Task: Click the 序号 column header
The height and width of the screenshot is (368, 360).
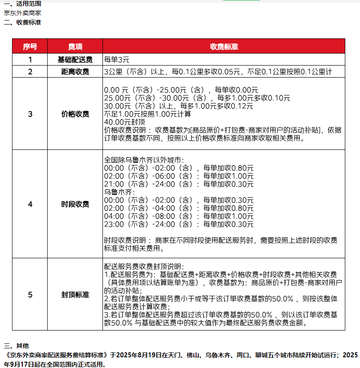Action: pyautogui.click(x=30, y=46)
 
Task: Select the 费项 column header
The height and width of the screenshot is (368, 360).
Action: pyautogui.click(x=75, y=46)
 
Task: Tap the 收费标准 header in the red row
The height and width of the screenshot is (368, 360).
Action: pyautogui.click(x=224, y=46)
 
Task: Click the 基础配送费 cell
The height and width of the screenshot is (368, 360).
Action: pyautogui.click(x=75, y=59)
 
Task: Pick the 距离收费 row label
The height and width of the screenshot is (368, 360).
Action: pyautogui.click(x=75, y=71)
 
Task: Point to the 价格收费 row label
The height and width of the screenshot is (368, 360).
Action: pyautogui.click(x=75, y=114)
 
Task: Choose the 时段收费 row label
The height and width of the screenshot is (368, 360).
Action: pyautogui.click(x=75, y=204)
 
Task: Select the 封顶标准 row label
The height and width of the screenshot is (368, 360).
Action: pyautogui.click(x=75, y=295)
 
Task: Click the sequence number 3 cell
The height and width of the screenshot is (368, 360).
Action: pyautogui.click(x=30, y=114)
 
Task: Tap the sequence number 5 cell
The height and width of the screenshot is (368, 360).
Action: pyautogui.click(x=30, y=295)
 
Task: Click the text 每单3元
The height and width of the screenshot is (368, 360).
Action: pyautogui.click(x=117, y=59)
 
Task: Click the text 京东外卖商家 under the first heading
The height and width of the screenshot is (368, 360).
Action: pyautogui.click(x=22, y=13)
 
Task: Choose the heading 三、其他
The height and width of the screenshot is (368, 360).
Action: pyautogui.click(x=16, y=346)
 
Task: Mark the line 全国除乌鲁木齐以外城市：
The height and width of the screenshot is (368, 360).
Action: pyautogui.click(x=143, y=160)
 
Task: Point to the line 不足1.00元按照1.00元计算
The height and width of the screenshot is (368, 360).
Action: pyautogui.click(x=147, y=114)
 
